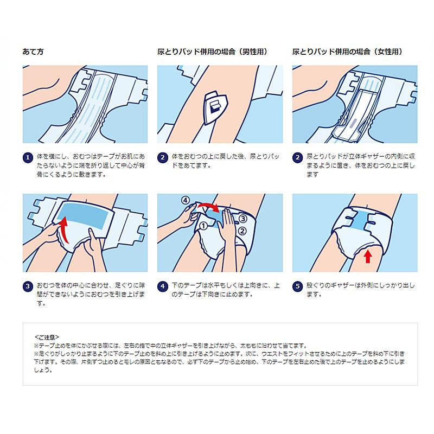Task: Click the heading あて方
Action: tap(33, 52)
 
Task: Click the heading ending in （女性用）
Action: tap(347, 52)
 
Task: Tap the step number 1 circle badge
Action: tap(28, 158)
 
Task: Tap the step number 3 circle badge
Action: tap(28, 286)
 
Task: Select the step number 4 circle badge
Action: tap(162, 286)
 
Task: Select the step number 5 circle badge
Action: tap(297, 286)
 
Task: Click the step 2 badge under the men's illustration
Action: tap(162, 158)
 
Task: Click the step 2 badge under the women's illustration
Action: tap(297, 158)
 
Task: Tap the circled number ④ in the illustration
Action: tap(186, 200)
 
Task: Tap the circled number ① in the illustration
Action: tap(205, 225)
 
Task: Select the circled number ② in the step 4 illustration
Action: tap(243, 230)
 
